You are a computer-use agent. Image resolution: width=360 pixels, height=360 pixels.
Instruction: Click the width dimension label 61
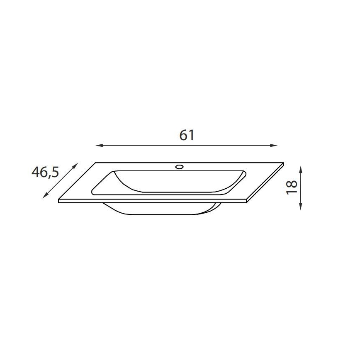[187, 135]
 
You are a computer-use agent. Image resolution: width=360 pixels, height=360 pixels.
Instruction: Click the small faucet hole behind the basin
[180, 167]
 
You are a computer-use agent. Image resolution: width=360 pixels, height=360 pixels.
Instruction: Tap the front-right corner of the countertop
[248, 202]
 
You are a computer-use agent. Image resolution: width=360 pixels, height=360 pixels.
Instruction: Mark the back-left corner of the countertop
[96, 163]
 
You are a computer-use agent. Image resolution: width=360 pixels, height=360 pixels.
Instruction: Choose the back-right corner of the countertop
[284, 163]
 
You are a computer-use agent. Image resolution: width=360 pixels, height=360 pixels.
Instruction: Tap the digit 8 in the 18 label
[292, 183]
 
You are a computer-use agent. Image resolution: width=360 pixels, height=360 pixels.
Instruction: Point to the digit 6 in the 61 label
[183, 135]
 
